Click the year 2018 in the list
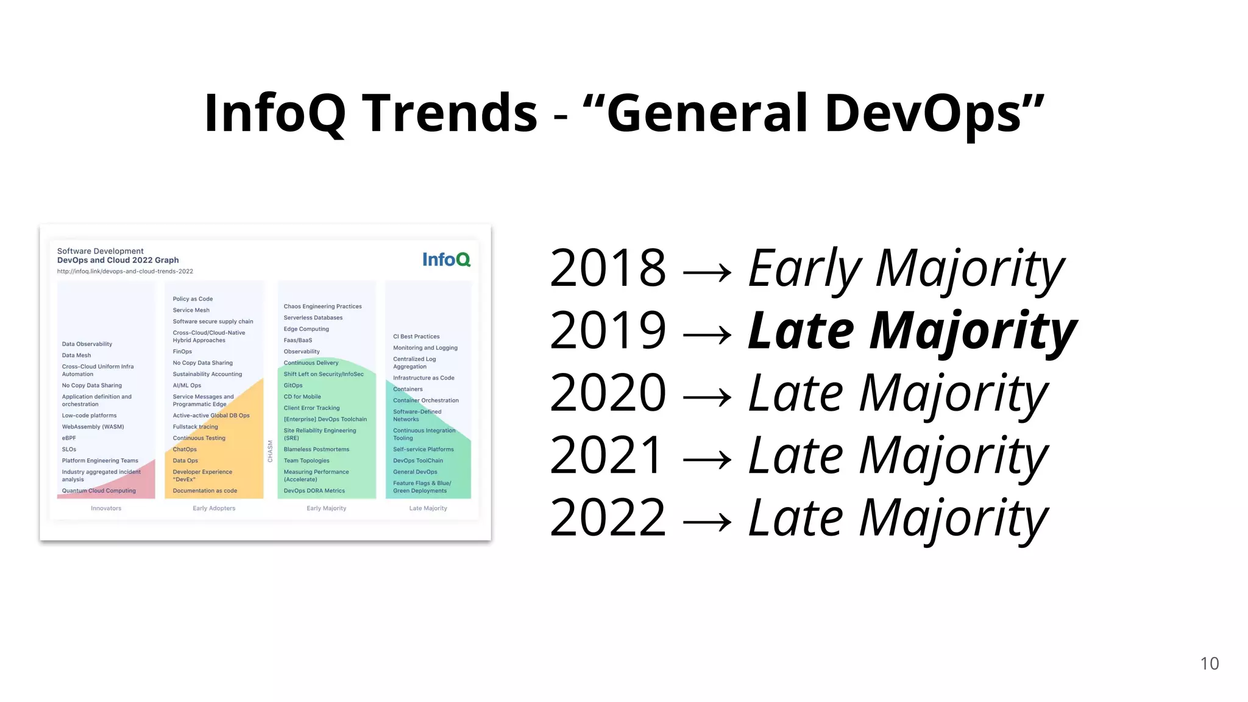[608, 268]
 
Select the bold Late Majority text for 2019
[912, 331]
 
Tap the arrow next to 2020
[707, 398]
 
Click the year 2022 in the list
[608, 518]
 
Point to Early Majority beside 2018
[906, 268]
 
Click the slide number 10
[1209, 664]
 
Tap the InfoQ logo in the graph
[446, 260]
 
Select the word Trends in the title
[450, 113]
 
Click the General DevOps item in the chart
[415, 472]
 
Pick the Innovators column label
[106, 508]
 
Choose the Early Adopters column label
[214, 508]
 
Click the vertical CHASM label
[271, 452]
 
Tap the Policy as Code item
[193, 299]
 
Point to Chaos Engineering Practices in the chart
[322, 307]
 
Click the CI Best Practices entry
[416, 336]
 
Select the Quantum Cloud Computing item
[99, 491]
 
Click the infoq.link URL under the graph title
[125, 271]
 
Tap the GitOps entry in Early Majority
[293, 385]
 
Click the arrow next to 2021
[707, 460]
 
